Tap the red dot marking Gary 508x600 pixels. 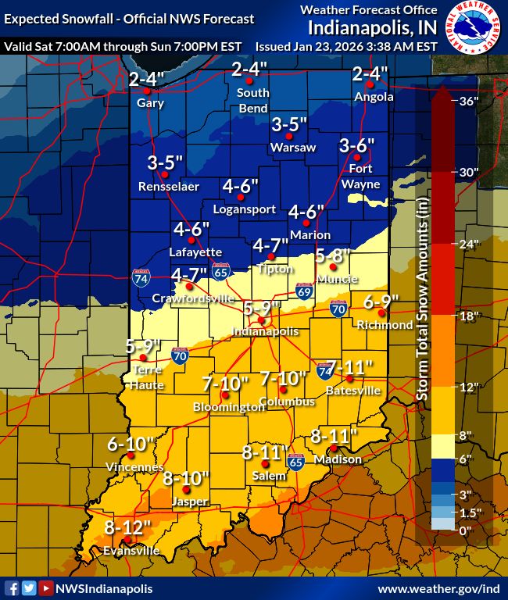(x=147, y=91)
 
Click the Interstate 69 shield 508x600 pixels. (x=303, y=291)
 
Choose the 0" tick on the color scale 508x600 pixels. (x=467, y=530)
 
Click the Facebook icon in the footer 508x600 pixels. (x=12, y=588)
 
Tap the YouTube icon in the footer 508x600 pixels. (x=46, y=588)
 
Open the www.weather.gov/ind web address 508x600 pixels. (x=439, y=588)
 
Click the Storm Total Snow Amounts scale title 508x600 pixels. (x=421, y=320)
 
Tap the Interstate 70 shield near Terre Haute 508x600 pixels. (x=180, y=356)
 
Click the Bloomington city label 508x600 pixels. (x=229, y=407)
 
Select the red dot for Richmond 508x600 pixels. (x=381, y=312)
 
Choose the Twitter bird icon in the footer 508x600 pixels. (x=29, y=588)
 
